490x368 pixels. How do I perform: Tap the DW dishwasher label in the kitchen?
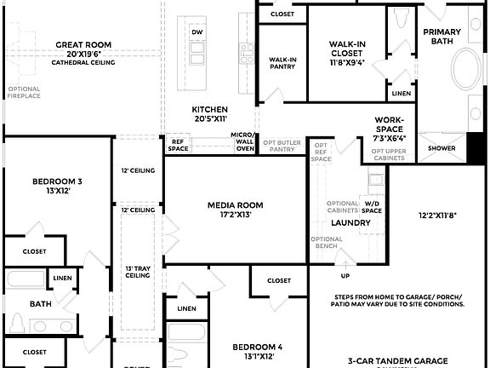197,32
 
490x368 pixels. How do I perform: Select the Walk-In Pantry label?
282,63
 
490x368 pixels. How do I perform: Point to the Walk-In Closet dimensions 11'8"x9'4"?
349,60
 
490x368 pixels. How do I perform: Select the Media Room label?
236,205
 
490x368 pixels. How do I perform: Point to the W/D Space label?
373,206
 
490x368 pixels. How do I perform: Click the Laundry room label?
351,223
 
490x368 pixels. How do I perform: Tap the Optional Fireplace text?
24,93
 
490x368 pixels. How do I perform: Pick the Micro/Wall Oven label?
243,142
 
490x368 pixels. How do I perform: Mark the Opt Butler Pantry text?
282,146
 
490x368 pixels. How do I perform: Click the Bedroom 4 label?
258,347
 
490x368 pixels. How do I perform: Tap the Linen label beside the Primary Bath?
402,93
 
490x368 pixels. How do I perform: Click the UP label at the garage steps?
345,276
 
